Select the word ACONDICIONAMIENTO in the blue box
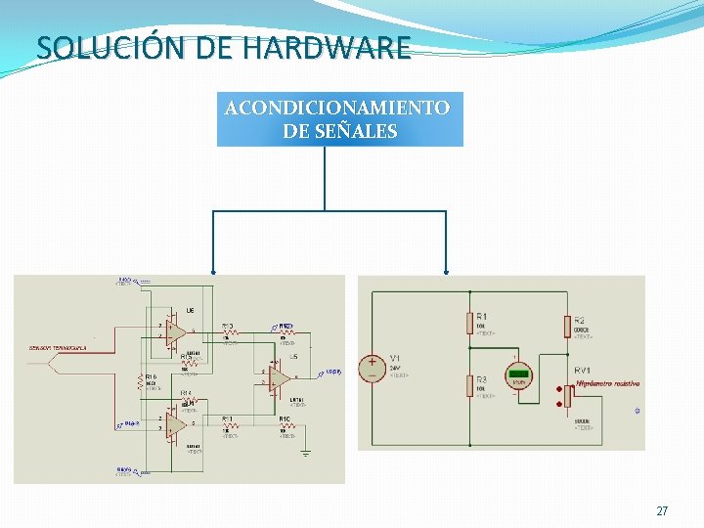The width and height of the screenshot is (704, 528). pos(337,108)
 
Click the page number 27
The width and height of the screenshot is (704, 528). pos(662,511)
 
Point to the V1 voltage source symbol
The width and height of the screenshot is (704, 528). pos(372,368)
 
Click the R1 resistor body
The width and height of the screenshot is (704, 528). pos(469,322)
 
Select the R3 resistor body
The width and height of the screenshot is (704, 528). pos(469,385)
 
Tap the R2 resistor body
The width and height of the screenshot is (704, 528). pos(566,326)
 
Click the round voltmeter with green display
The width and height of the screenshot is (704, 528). pos(518,376)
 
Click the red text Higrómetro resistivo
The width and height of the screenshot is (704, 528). pos(606,384)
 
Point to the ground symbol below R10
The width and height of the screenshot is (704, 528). pos(305,453)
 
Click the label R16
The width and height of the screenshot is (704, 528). pos(152,376)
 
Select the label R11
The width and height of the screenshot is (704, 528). pos(227,418)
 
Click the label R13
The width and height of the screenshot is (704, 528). pos(227,327)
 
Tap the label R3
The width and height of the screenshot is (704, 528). pos(482,379)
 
